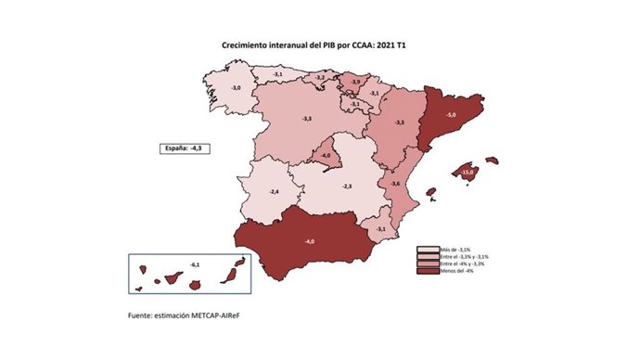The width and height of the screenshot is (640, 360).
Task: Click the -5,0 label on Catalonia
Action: (x=451, y=114)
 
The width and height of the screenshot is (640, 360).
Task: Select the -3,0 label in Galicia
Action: (x=236, y=87)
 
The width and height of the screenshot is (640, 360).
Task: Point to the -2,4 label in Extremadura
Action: (x=274, y=191)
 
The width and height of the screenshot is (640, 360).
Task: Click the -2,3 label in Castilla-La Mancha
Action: (x=347, y=186)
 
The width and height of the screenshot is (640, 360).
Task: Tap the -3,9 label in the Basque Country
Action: (x=355, y=83)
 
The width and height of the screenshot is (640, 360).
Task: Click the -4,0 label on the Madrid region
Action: (x=326, y=155)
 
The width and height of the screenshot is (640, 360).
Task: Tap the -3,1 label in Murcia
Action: (x=380, y=228)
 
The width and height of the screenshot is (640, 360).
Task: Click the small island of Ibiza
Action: (x=430, y=193)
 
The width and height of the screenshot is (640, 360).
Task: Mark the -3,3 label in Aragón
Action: (x=400, y=122)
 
